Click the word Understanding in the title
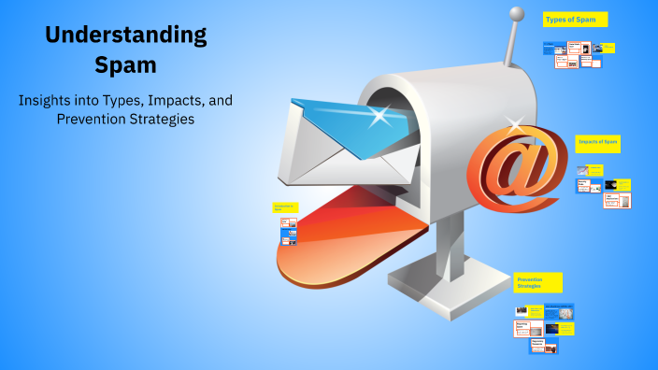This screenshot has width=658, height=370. [x=126, y=36]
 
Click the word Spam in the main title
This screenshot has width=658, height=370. [x=126, y=65]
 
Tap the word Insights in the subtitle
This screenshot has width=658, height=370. [x=47, y=99]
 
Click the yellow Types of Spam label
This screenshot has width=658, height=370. [x=575, y=19]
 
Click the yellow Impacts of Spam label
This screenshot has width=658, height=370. [x=598, y=142]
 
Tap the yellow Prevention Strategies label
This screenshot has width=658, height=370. [x=537, y=282]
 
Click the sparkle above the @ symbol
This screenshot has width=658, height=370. [x=513, y=121]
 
